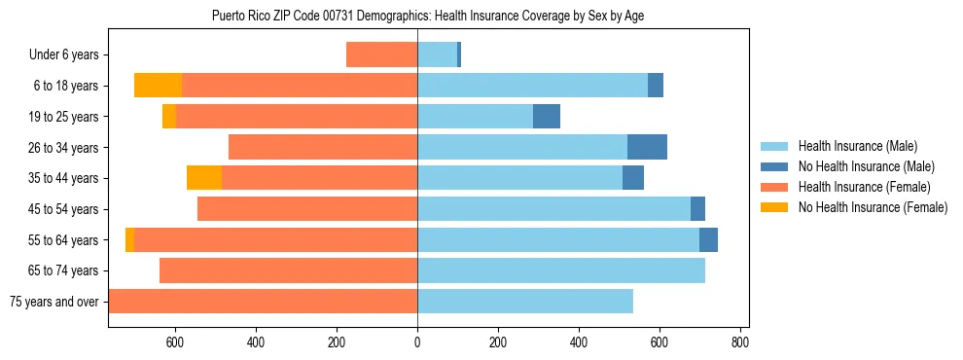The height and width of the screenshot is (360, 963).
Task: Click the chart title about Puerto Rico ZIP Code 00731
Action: tap(427, 17)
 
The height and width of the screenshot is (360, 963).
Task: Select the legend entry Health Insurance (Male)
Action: tap(857, 146)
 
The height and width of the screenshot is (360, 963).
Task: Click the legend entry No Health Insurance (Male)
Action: tap(866, 166)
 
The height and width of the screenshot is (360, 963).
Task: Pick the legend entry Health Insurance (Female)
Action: tap(864, 187)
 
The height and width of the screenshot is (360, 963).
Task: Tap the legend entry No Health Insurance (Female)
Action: tap(873, 207)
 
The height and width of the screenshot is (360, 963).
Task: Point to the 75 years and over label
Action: tap(53, 302)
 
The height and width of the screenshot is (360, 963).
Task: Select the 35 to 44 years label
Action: tap(63, 178)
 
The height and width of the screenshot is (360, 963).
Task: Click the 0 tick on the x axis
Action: tap(417, 342)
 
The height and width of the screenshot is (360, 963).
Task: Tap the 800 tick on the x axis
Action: tap(740, 342)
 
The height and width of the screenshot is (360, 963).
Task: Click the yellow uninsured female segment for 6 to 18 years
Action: tap(158, 86)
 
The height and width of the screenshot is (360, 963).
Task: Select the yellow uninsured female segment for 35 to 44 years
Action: tap(204, 178)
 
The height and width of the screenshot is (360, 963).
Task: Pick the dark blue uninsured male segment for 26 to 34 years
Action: tap(647, 147)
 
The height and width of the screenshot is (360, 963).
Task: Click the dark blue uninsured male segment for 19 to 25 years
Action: tap(547, 117)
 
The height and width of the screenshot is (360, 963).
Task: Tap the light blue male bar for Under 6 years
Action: tap(437, 54)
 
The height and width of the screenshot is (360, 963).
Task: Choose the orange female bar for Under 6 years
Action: tap(381, 54)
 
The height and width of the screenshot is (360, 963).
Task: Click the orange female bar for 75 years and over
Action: tap(263, 302)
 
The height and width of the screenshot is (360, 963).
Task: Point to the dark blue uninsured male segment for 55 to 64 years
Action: tap(708, 239)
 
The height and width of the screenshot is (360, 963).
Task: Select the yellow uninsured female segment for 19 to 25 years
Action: tap(169, 117)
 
